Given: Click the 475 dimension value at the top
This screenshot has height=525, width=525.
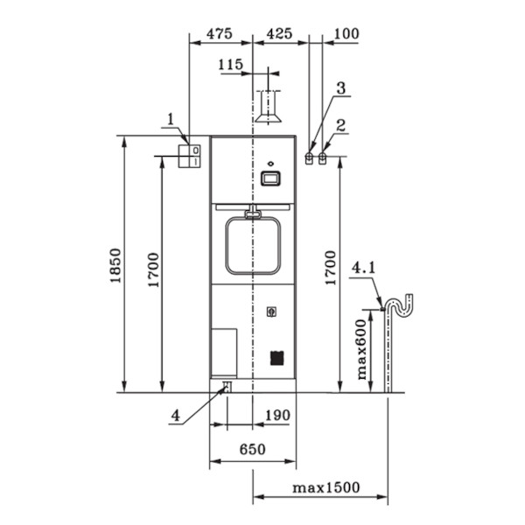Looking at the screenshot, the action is [x=220, y=34].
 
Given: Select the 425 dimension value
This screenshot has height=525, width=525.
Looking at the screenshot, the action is [x=279, y=34].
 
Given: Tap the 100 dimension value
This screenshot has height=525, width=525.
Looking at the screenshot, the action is [x=346, y=34].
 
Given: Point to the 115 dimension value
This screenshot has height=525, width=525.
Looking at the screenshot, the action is [x=230, y=64].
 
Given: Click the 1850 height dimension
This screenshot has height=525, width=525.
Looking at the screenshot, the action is [x=115, y=265].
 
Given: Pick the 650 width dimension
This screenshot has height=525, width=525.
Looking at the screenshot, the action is [x=253, y=450].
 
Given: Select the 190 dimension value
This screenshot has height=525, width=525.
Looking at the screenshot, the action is [x=277, y=416].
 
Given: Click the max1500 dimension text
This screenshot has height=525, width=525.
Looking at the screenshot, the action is [x=326, y=487].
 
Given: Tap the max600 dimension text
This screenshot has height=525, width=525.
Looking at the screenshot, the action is [x=361, y=349].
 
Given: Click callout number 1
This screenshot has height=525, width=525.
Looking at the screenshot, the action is [x=171, y=119].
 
